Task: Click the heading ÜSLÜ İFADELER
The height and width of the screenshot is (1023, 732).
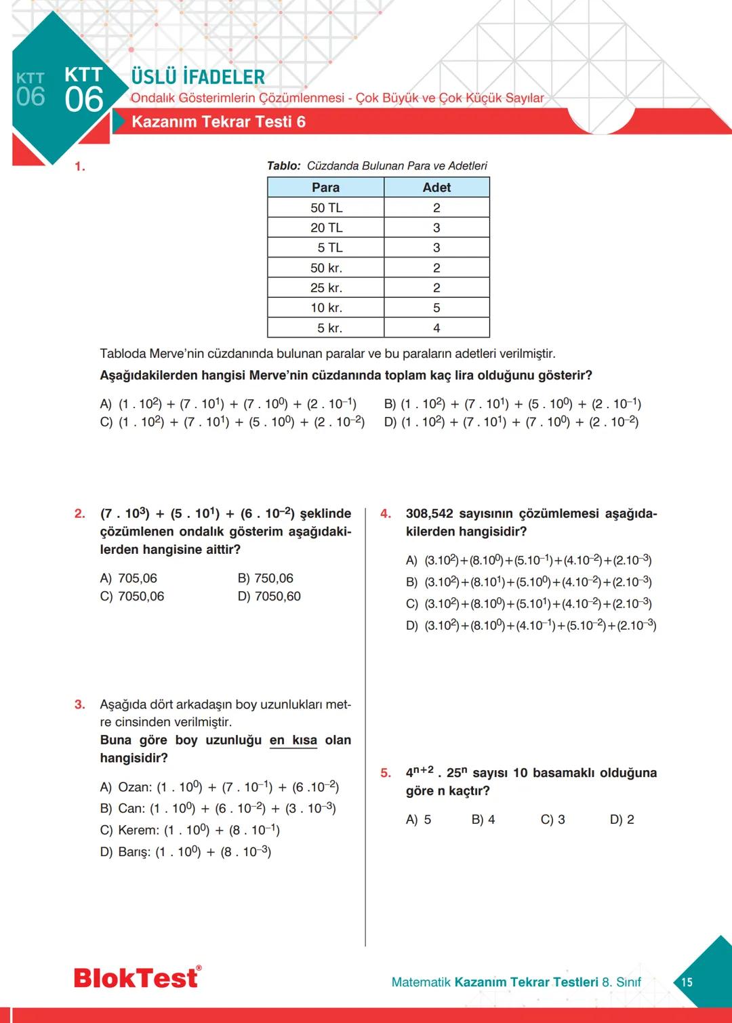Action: click(x=198, y=77)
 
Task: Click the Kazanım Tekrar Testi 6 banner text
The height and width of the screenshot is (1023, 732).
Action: click(x=218, y=122)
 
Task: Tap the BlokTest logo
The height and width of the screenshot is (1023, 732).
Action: click(x=137, y=978)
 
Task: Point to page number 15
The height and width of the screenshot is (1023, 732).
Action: click(x=687, y=982)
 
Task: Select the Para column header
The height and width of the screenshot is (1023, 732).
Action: click(x=325, y=188)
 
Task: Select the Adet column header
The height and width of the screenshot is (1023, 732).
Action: click(x=436, y=188)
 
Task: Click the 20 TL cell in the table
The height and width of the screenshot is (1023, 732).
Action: click(x=326, y=228)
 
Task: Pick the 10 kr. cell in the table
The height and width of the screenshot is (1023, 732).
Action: click(x=326, y=308)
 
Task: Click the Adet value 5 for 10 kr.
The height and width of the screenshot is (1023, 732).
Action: click(x=436, y=308)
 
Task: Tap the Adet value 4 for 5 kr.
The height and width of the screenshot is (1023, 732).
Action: click(x=436, y=328)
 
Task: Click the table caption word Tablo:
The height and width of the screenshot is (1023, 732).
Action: click(x=283, y=166)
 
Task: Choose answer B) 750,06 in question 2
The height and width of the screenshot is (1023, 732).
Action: click(x=266, y=578)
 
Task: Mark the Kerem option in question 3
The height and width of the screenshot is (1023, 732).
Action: click(x=190, y=830)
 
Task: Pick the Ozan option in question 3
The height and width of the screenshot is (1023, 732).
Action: click(x=219, y=787)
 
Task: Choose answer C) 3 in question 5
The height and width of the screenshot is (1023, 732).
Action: click(x=552, y=820)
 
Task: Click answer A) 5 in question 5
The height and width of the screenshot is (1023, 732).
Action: click(x=418, y=820)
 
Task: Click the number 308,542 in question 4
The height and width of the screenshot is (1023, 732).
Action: click(x=430, y=514)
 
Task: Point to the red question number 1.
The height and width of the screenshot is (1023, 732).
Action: click(x=79, y=167)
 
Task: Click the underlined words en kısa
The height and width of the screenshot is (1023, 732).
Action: click(x=293, y=740)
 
